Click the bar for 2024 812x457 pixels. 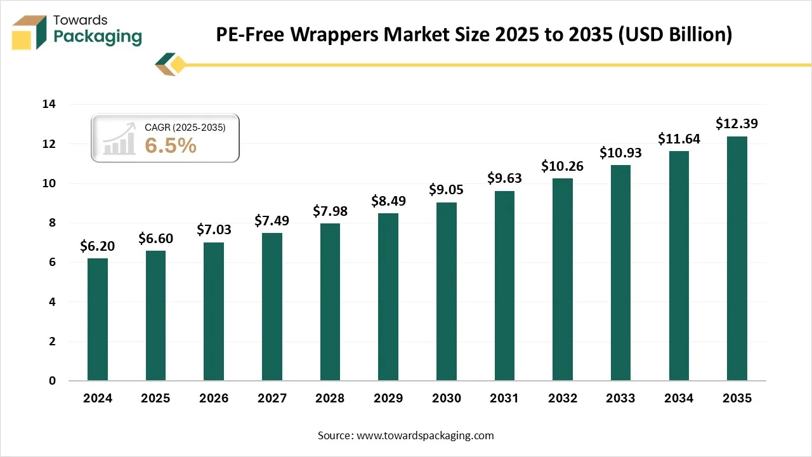pyautogui.click(x=98, y=319)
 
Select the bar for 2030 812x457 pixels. pyautogui.click(x=446, y=291)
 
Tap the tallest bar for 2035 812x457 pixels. pyautogui.click(x=737, y=258)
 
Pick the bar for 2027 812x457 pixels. pyautogui.click(x=272, y=307)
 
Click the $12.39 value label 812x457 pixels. pyautogui.click(x=737, y=124)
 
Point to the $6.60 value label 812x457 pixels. pyautogui.click(x=156, y=239)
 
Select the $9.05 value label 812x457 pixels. pyautogui.click(x=446, y=190)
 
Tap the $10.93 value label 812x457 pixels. pyautogui.click(x=620, y=153)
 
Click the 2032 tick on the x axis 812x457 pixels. pyautogui.click(x=562, y=399)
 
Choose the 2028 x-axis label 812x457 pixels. pyautogui.click(x=330, y=399)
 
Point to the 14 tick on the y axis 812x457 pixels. pyautogui.click(x=49, y=104)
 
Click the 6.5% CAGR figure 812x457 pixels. pyautogui.click(x=171, y=145)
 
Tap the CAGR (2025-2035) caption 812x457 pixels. pyautogui.click(x=185, y=127)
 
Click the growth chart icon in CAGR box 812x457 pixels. pyautogui.click(x=120, y=138)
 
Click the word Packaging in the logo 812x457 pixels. pyautogui.click(x=98, y=37)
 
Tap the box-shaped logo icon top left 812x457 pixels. pyautogui.click(x=29, y=32)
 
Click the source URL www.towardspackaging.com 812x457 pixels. pyautogui.click(x=424, y=435)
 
